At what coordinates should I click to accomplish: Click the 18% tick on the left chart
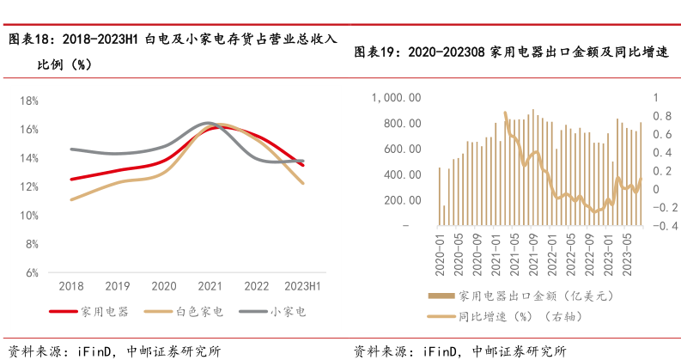[x=29, y=101]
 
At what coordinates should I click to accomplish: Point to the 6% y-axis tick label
[x=31, y=273]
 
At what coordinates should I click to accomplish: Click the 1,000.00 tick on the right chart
[x=395, y=98]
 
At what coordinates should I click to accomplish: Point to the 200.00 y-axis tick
[x=402, y=200]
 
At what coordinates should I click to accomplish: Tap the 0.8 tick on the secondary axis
[x=662, y=116]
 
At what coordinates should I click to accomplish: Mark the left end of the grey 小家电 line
[x=70, y=149]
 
